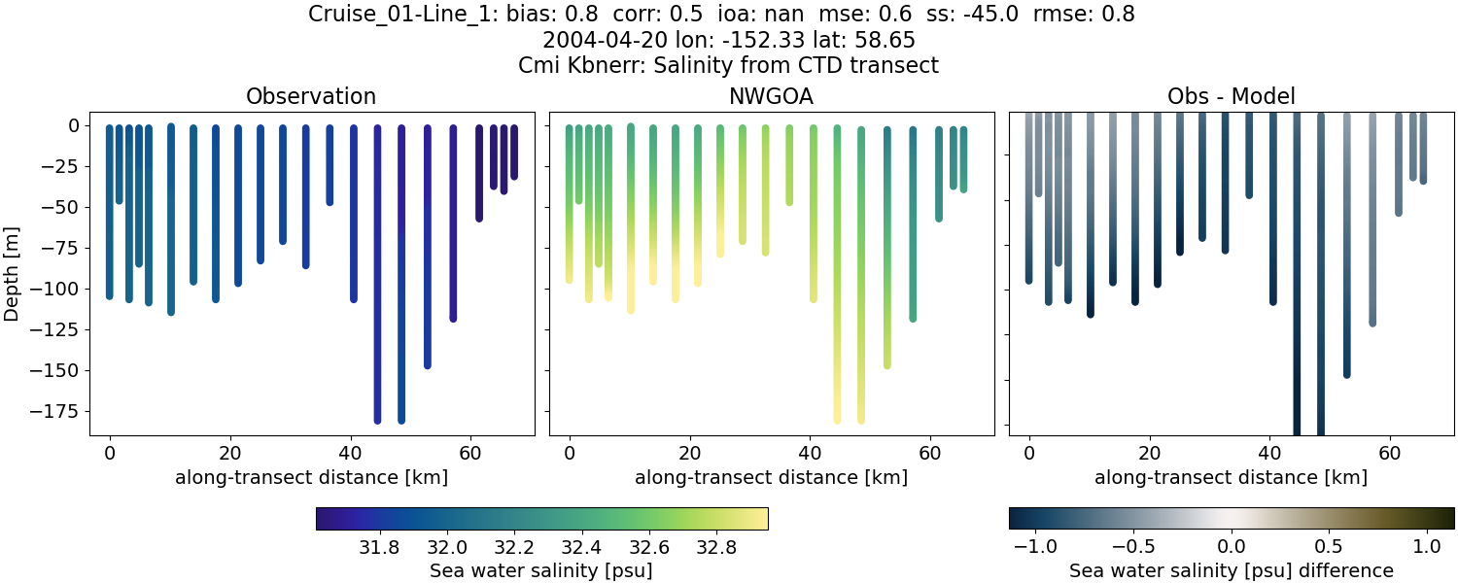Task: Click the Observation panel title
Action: point(311,97)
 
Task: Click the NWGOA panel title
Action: point(771,97)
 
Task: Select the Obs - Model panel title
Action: point(1231,97)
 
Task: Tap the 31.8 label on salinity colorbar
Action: point(379,547)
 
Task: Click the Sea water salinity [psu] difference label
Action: point(1231,570)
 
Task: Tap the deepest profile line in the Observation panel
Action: point(377,291)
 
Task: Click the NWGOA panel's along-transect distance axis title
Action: point(771,477)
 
